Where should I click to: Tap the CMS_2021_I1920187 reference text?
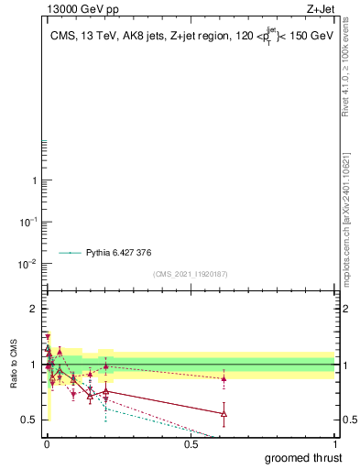(x=191, y=274)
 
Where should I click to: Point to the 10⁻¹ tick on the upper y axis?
(x=31, y=222)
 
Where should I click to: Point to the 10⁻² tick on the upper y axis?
(x=31, y=264)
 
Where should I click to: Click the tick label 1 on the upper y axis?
(x=35, y=180)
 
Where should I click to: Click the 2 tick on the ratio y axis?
(x=34, y=309)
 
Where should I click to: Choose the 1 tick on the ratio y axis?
(x=34, y=365)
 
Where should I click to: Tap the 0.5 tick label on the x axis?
(x=191, y=444)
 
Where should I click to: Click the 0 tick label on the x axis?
(x=46, y=444)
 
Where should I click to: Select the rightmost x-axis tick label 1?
(x=334, y=444)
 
